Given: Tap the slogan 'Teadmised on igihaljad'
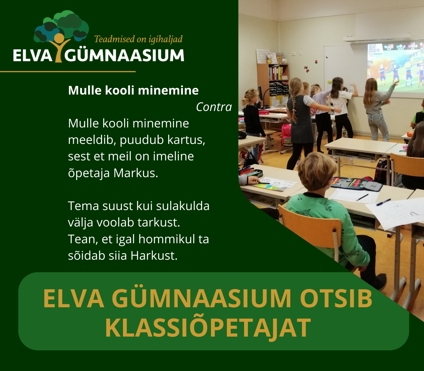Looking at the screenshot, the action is tap(138, 39).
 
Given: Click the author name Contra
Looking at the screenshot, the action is tap(214, 107).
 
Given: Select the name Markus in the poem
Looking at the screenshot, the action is tap(136, 173).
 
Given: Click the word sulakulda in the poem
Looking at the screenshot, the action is tap(183, 206).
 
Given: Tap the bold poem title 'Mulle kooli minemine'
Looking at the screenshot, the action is tap(133, 90).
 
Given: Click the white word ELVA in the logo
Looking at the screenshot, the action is tap(32, 56).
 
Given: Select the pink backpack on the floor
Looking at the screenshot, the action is tap(286, 135).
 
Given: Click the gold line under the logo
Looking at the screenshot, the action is tap(68, 72).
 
